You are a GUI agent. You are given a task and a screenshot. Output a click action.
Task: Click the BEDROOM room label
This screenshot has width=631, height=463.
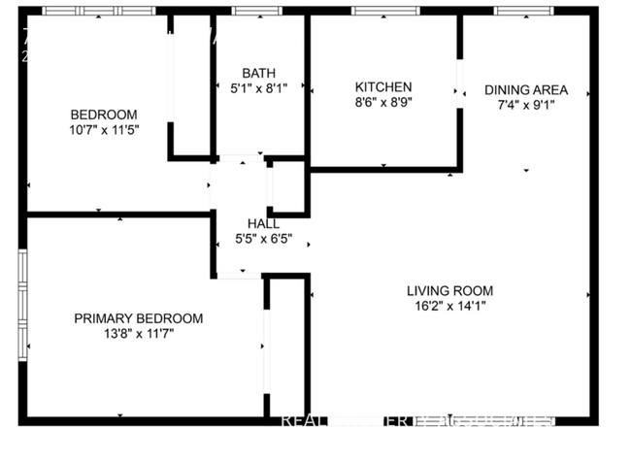tap(103, 114)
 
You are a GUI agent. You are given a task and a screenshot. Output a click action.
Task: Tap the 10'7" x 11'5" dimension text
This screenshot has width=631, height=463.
tap(103, 129)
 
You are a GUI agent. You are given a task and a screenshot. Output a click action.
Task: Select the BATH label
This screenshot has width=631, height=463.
tap(258, 73)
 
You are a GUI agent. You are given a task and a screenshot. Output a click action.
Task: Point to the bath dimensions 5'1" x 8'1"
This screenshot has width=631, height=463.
tap(258, 88)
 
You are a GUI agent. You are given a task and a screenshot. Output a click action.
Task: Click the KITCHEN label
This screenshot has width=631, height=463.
tap(382, 86)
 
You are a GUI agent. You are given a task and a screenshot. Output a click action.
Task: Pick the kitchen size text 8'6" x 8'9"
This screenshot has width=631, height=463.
tap(382, 102)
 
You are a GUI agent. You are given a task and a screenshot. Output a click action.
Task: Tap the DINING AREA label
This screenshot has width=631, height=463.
tap(525, 90)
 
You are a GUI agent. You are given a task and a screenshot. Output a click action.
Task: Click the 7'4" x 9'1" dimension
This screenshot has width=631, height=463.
tap(525, 106)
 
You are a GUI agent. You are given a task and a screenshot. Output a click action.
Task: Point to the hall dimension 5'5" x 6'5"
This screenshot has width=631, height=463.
tap(263, 240)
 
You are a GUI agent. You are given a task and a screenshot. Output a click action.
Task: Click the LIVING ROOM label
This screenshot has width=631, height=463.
tap(449, 290)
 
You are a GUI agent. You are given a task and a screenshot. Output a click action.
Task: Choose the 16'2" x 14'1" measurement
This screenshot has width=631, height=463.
tap(449, 306)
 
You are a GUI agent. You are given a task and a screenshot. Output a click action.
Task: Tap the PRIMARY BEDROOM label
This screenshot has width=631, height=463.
tap(139, 318)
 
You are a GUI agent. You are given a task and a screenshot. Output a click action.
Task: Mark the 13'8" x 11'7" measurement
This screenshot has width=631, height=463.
tap(139, 334)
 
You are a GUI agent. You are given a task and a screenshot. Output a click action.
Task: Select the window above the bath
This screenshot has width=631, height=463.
tap(256, 12)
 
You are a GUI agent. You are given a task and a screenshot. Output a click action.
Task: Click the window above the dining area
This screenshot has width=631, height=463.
tap(524, 12)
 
